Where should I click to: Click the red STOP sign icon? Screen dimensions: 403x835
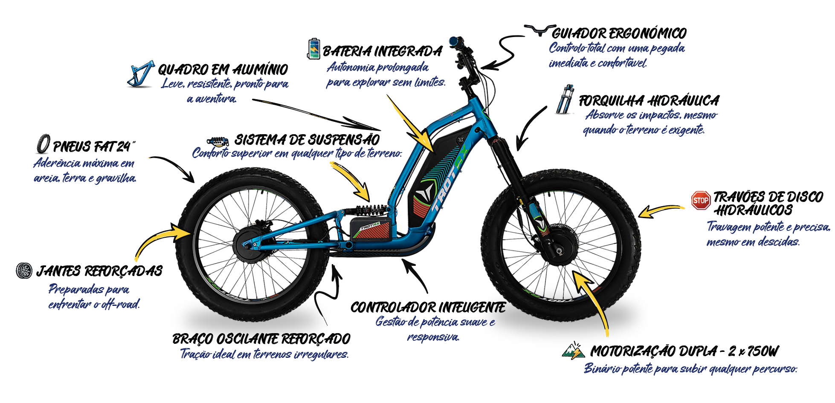(701, 200)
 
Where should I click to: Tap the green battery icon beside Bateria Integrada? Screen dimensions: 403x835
(313, 49)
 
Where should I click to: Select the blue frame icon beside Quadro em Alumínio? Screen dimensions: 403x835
(140, 75)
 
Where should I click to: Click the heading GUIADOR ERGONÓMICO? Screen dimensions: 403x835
(619, 33)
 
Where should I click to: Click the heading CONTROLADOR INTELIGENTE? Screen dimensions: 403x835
(428, 307)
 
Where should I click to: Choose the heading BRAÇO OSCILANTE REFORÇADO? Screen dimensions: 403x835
(261, 339)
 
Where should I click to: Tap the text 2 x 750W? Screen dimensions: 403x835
(753, 351)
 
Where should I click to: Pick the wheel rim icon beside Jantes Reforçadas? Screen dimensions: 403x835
(24, 271)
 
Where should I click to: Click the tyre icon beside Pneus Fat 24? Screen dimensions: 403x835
(43, 144)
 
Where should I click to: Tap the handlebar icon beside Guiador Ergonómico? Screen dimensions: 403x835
(539, 30)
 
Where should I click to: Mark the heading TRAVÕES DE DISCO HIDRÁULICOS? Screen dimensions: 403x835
(768, 203)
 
